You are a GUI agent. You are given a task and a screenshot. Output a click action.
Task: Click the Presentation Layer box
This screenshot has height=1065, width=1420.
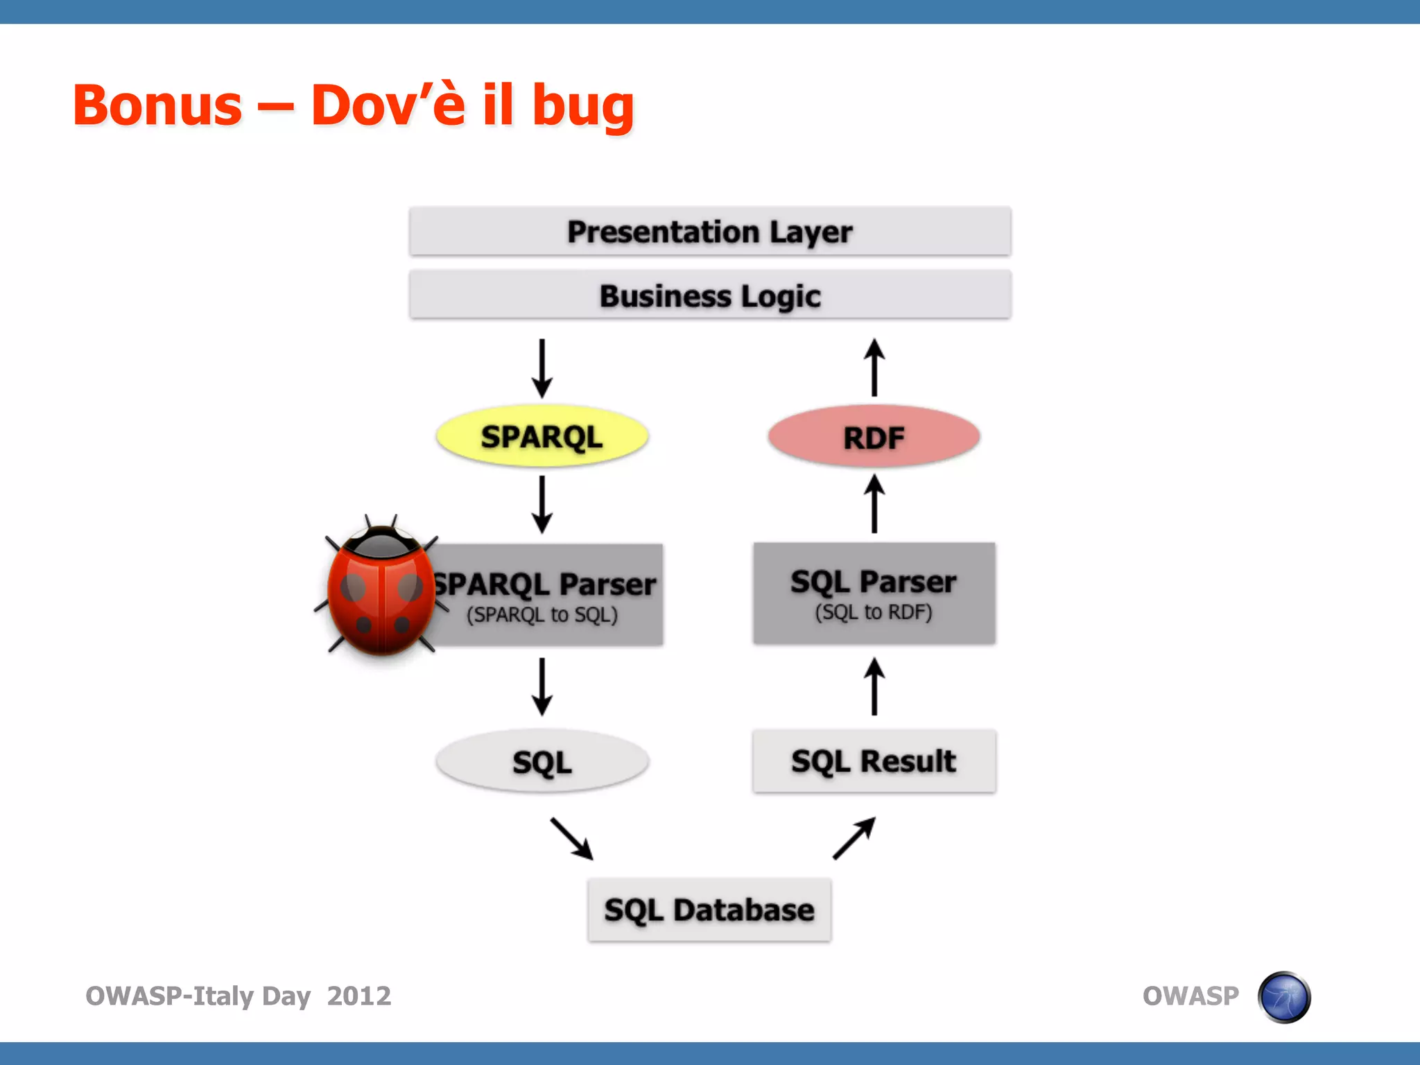[709, 232]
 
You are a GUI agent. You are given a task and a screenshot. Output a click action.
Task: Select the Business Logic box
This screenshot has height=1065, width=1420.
[709, 295]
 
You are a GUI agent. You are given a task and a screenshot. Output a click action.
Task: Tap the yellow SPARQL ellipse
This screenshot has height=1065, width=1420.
[542, 436]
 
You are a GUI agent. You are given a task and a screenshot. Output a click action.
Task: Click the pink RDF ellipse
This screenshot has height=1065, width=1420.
[874, 437]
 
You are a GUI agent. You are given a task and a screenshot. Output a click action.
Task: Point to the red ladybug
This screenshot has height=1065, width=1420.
[380, 589]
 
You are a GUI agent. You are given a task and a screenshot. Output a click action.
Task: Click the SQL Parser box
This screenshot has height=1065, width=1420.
[874, 594]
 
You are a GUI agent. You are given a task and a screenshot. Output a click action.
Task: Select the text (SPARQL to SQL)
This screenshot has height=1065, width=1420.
[542, 615]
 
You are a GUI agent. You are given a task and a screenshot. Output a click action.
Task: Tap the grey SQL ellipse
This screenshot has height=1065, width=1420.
[542, 761]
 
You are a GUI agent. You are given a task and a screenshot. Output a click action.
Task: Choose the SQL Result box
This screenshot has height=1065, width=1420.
[874, 761]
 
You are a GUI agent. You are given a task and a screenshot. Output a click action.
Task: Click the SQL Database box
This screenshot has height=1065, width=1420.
[709, 910]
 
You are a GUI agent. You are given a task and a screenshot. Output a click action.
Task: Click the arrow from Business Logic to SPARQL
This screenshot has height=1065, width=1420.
[542, 367]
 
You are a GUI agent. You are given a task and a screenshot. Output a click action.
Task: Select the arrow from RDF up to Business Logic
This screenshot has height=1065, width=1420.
[874, 367]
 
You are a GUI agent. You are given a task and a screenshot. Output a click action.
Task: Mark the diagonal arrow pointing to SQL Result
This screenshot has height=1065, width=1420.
[854, 838]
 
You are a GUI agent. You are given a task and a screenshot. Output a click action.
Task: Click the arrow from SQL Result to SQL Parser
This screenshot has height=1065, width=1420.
[874, 686]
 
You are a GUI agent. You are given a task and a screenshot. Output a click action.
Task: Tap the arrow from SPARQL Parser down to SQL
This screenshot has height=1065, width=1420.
[542, 686]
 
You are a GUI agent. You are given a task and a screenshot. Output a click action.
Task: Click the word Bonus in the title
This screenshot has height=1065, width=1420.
[157, 105]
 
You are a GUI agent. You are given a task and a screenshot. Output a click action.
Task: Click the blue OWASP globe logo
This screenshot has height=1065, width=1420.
[1284, 997]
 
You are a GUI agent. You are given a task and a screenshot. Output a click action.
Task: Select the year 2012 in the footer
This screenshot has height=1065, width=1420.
[358, 996]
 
